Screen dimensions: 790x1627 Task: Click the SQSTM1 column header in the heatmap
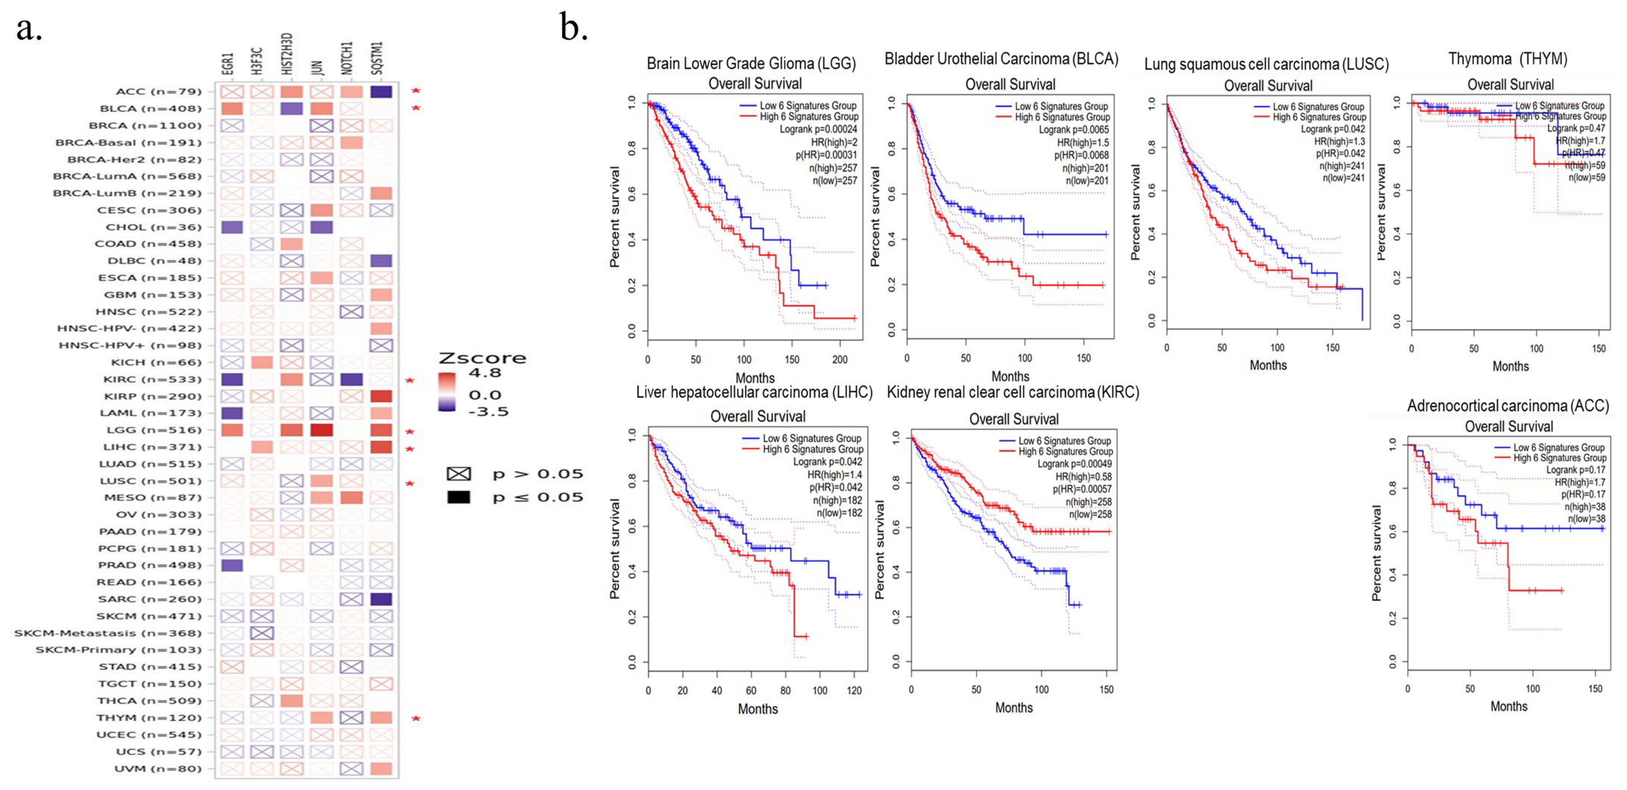point(377,58)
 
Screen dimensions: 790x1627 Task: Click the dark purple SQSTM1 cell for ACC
point(381,92)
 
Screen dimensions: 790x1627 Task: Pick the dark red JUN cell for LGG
point(321,430)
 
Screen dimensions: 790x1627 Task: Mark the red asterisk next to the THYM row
point(415,719)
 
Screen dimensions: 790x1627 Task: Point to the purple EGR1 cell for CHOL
point(232,227)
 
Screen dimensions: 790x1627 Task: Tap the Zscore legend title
point(483,358)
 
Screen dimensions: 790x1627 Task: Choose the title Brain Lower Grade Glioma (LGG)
point(751,63)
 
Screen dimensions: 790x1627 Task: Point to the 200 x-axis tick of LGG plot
point(840,360)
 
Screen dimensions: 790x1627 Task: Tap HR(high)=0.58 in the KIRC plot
point(1083,476)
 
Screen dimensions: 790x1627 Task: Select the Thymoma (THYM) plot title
point(1508,59)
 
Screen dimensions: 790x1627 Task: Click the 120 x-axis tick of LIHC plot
point(854,691)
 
